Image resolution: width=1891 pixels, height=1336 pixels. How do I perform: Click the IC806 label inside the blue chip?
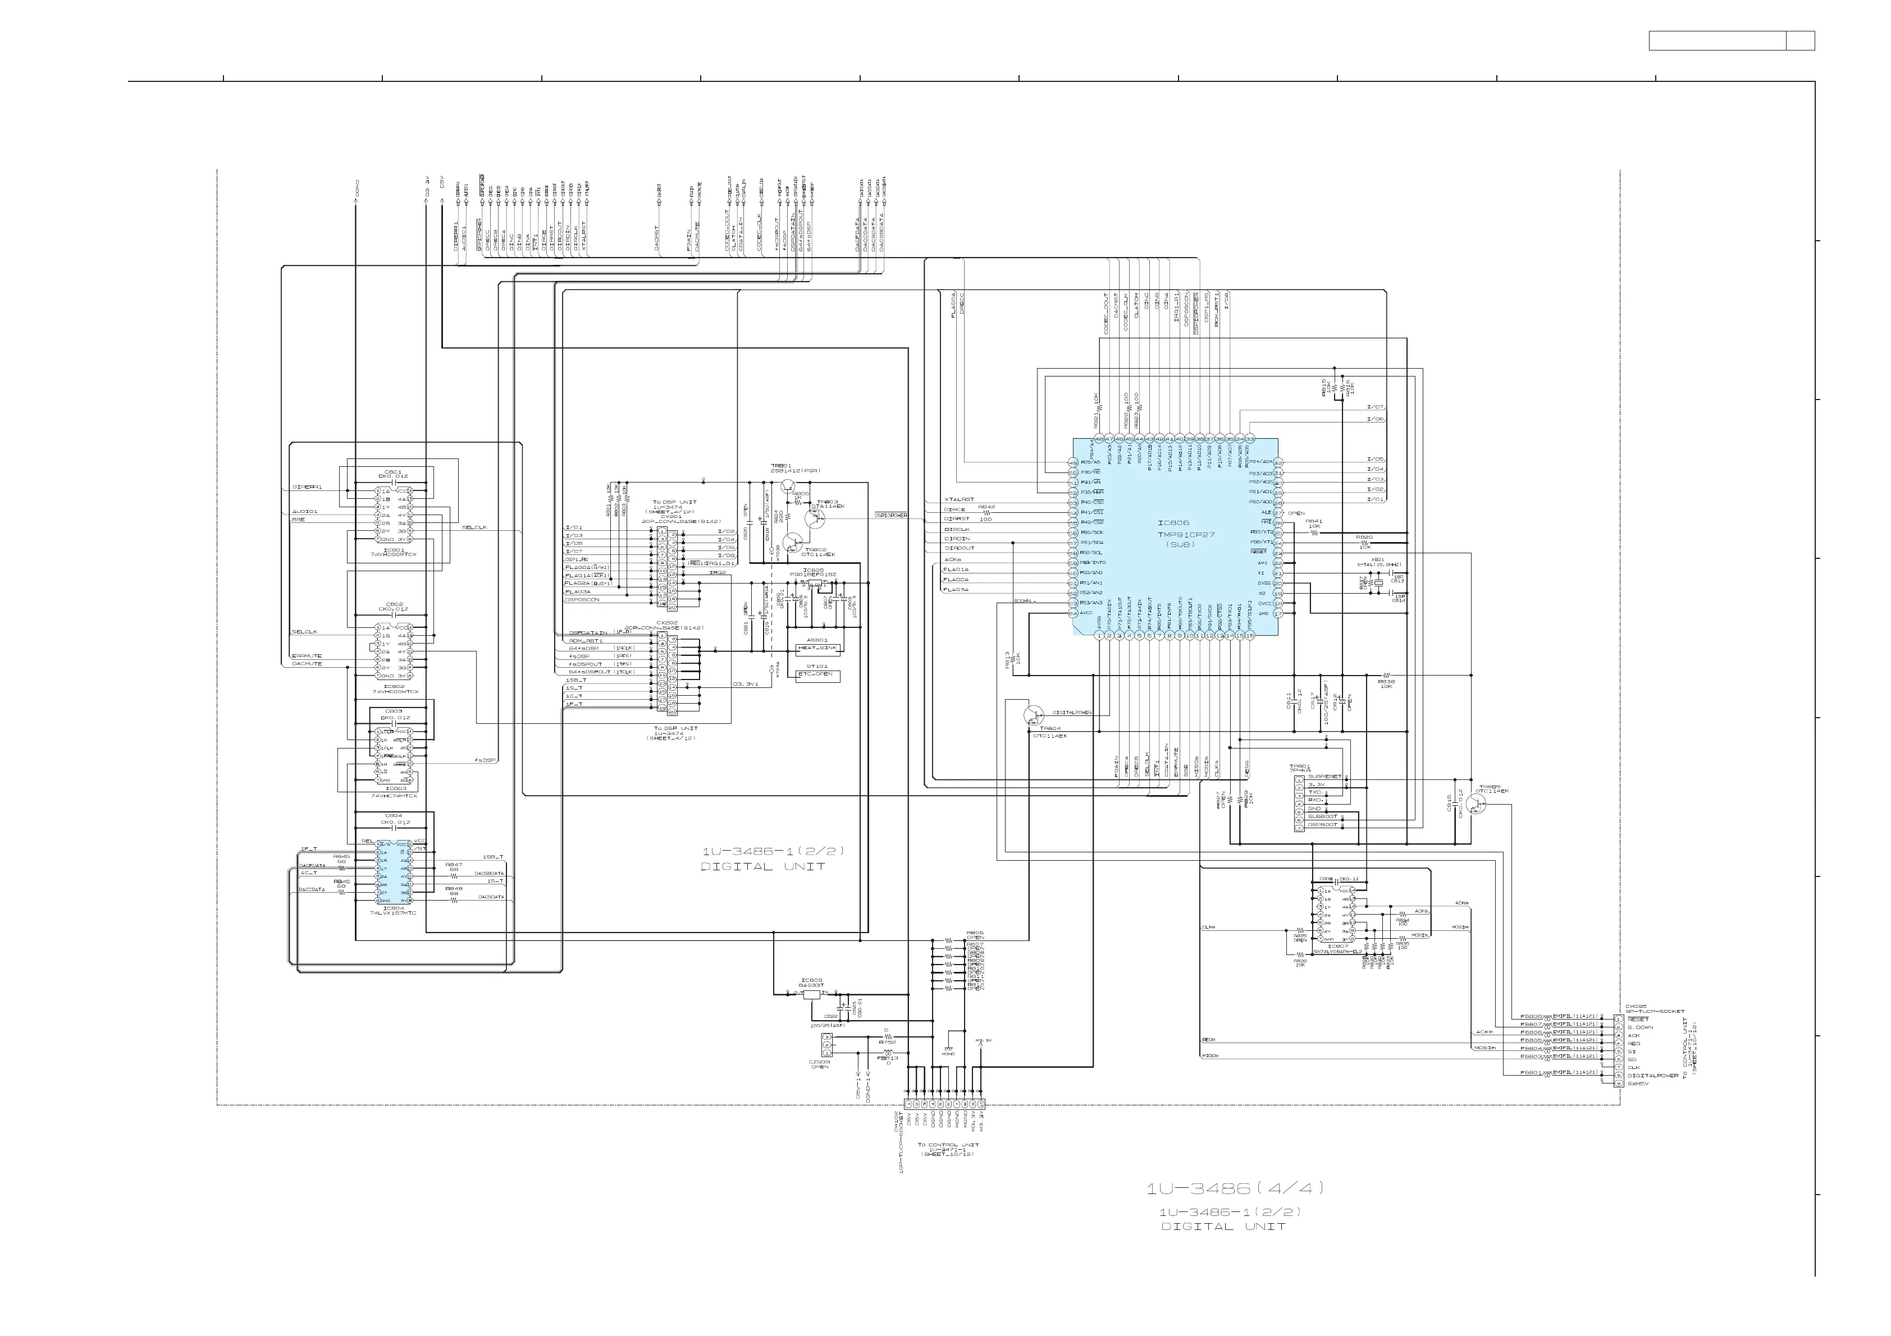(1173, 523)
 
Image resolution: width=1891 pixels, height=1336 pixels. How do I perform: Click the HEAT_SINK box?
(817, 648)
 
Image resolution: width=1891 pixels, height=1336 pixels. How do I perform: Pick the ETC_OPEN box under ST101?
(815, 674)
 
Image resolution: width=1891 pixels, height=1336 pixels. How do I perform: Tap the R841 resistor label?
(1314, 521)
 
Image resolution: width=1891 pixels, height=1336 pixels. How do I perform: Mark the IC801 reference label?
(394, 549)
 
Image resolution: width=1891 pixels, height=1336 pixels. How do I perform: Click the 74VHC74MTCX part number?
(394, 796)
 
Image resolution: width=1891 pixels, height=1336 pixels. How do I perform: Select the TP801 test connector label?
(1300, 766)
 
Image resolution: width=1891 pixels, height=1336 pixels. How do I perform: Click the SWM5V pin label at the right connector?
(1637, 1084)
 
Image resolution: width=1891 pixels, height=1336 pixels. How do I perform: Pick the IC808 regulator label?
(811, 980)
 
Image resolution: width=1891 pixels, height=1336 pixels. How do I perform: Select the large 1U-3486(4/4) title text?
(1235, 1188)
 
